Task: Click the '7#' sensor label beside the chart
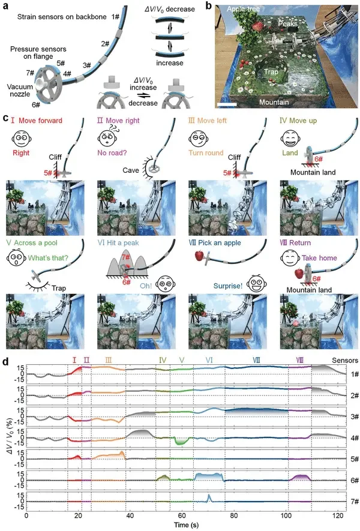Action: pyautogui.click(x=354, y=500)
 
